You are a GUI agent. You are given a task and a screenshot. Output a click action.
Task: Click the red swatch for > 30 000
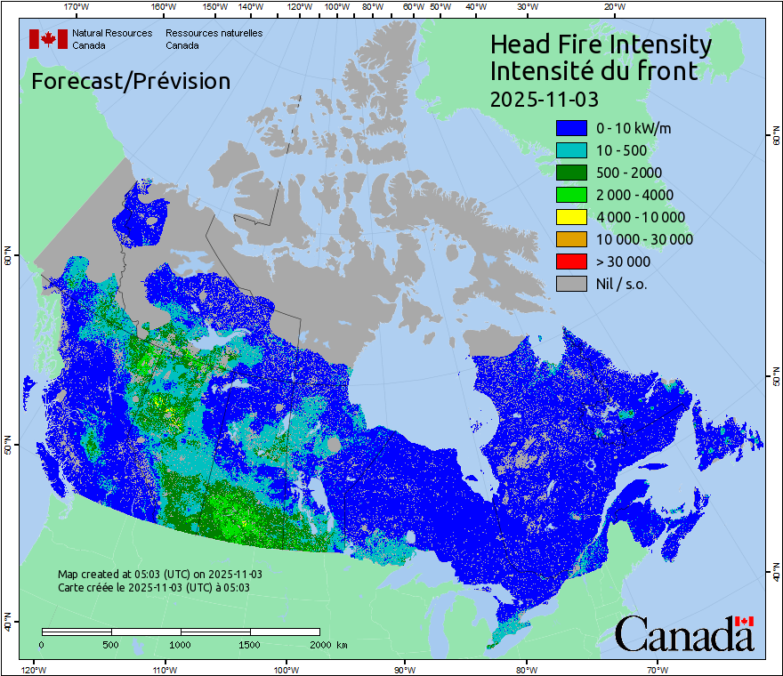tap(570, 262)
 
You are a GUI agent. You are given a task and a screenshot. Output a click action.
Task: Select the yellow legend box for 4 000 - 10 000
tap(570, 217)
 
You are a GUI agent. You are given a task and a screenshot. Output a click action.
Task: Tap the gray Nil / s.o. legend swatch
tap(570, 284)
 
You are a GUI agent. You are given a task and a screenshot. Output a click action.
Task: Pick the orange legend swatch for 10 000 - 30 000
tap(570, 239)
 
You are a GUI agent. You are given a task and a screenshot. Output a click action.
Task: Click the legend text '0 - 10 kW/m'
tap(634, 128)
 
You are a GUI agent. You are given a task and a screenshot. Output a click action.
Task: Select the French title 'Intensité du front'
tap(593, 70)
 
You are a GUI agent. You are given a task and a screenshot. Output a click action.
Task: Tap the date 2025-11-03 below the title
tap(545, 96)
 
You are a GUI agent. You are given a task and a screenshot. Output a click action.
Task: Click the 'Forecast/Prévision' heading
tap(131, 82)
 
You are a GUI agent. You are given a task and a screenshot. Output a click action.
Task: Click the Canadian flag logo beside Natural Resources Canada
tap(48, 39)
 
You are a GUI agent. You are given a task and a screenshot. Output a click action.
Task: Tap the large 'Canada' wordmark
tap(684, 634)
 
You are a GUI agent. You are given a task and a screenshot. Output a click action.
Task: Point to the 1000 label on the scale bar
tap(181, 645)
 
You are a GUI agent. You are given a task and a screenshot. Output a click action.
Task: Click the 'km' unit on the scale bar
tap(342, 645)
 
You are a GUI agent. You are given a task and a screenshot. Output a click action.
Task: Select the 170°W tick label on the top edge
tap(77, 7)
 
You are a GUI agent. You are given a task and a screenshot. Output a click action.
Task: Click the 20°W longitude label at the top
tap(612, 7)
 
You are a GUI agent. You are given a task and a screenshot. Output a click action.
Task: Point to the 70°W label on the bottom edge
tap(658, 669)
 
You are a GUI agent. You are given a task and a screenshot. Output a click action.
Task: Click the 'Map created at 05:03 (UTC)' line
tap(159, 575)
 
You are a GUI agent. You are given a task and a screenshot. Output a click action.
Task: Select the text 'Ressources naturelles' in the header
tap(214, 33)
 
